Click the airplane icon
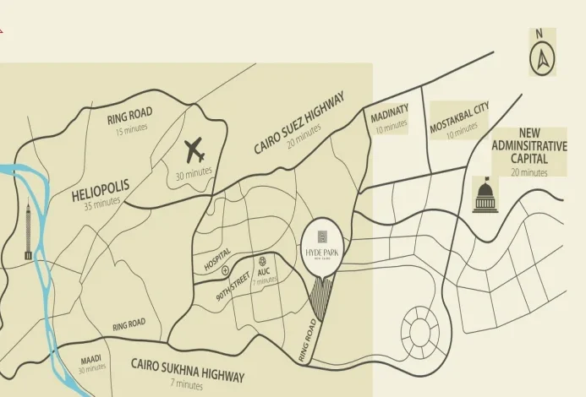click(194, 152)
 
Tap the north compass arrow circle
click(541, 60)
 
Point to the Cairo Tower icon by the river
click(28, 231)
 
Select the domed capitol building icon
click(485, 198)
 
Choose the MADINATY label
click(389, 112)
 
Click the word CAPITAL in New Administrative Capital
click(529, 158)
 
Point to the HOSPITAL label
click(216, 258)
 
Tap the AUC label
click(263, 272)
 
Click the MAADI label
click(91, 359)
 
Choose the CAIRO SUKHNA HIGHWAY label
click(187, 370)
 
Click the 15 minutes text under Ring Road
click(131, 128)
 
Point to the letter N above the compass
click(539, 34)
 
